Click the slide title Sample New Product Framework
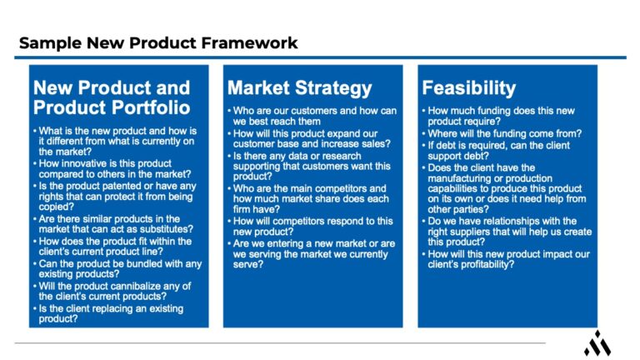pos(158,42)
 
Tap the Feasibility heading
pos(469,87)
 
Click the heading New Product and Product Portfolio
pos(112,97)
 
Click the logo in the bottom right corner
pos(597,342)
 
